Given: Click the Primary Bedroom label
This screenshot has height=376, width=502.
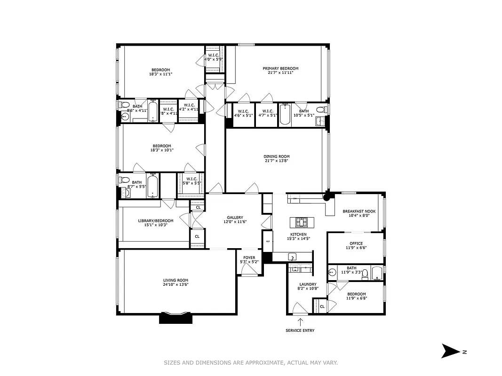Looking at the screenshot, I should pos(280,69).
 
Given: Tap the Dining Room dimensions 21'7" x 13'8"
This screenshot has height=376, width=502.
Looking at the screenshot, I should pos(276,161).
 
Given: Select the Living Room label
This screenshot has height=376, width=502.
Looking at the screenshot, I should pos(176,280).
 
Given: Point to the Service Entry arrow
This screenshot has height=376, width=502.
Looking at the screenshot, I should pos(300,322).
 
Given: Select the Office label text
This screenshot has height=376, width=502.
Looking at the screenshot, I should pos(356,243).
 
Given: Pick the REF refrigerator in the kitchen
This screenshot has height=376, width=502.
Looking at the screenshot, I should pos(268,242).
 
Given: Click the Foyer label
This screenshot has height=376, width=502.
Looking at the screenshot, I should pos(249,258).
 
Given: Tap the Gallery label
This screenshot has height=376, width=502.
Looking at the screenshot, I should pos(235,218).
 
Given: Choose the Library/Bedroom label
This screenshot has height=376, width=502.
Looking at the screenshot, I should pos(155,221).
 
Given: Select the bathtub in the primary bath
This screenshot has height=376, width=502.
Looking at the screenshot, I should pos(285,114).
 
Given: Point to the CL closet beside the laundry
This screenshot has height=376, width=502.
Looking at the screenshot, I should pos(322,306).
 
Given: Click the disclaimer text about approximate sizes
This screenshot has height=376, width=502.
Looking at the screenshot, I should pos(251,362).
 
